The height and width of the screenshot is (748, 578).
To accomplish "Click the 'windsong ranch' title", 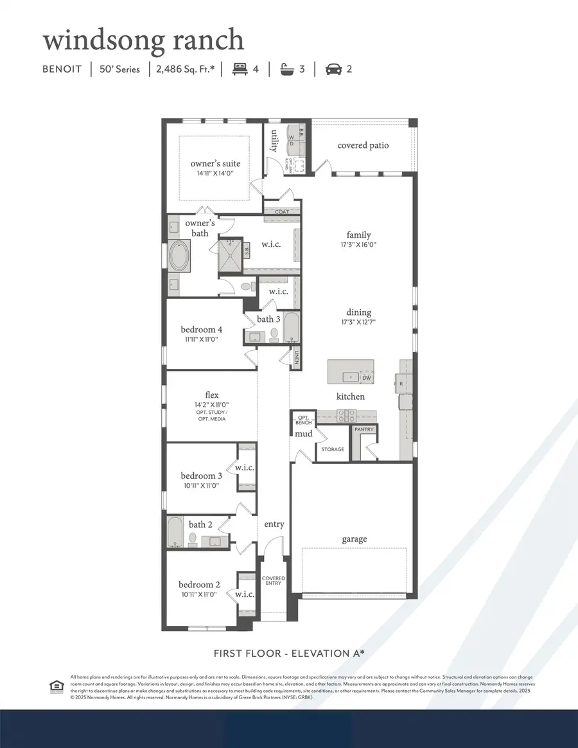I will click(143, 40).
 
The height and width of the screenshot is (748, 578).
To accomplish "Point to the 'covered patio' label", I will click(363, 145).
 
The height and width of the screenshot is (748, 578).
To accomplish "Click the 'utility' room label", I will click(274, 141).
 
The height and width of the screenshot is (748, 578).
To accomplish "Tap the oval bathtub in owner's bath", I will click(180, 255).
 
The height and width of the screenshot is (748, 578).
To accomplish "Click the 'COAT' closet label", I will click(282, 211).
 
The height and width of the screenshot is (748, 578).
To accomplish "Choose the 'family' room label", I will click(359, 235).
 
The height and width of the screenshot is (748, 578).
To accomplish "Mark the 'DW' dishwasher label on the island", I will click(367, 377).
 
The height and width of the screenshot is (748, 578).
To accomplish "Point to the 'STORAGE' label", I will click(333, 449).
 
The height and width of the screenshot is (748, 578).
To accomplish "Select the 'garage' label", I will click(355, 539).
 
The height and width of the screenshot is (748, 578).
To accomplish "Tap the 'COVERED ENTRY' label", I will click(274, 580).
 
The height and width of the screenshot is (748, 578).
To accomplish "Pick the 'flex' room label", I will click(212, 395).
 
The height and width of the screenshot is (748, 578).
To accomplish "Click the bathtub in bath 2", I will click(175, 531).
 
